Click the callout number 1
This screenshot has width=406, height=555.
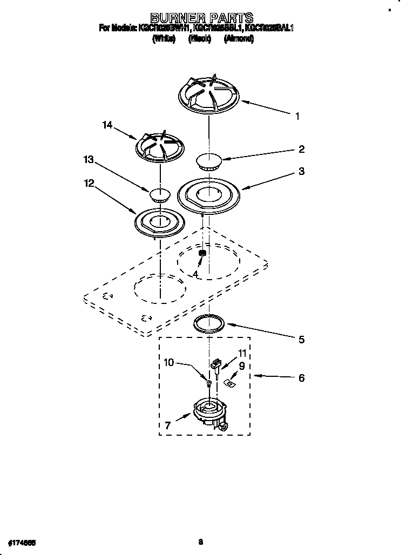(297, 116)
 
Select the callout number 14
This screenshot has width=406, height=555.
(107, 125)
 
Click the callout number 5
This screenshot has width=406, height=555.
(301, 340)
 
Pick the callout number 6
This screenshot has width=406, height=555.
(301, 378)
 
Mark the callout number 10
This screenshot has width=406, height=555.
(169, 363)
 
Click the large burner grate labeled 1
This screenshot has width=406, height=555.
(208, 94)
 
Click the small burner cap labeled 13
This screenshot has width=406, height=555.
(159, 194)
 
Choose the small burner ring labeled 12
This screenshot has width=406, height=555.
(159, 221)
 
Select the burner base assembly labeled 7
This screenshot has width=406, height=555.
(208, 414)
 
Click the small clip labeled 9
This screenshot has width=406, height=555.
(229, 382)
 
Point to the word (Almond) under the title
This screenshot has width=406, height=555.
(239, 39)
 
